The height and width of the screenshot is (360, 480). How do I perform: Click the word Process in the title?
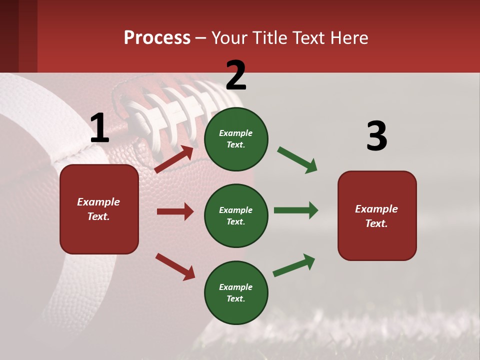pos(157,38)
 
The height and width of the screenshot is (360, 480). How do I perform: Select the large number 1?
pos(99,128)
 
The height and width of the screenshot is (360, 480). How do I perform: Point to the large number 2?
pos(236,75)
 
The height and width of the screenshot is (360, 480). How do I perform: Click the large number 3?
pos(376,136)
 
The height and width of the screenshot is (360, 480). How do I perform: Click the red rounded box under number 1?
pos(99,209)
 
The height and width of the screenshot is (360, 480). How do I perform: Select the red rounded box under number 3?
pos(377,216)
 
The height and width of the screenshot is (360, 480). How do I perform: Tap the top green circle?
pos(236,138)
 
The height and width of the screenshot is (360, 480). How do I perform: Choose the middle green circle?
pos(236,215)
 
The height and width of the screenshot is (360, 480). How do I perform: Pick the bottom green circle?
pos(236,292)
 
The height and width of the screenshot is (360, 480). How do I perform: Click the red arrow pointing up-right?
pos(174,159)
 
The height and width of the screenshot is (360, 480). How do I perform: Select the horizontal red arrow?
pos(175,211)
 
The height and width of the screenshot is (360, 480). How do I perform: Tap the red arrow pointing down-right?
pos(175,266)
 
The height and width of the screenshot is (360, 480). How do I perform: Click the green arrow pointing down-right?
pos(297,160)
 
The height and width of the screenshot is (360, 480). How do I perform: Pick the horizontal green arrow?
pos(295,210)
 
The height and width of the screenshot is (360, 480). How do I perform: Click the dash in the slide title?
pos(201,38)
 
